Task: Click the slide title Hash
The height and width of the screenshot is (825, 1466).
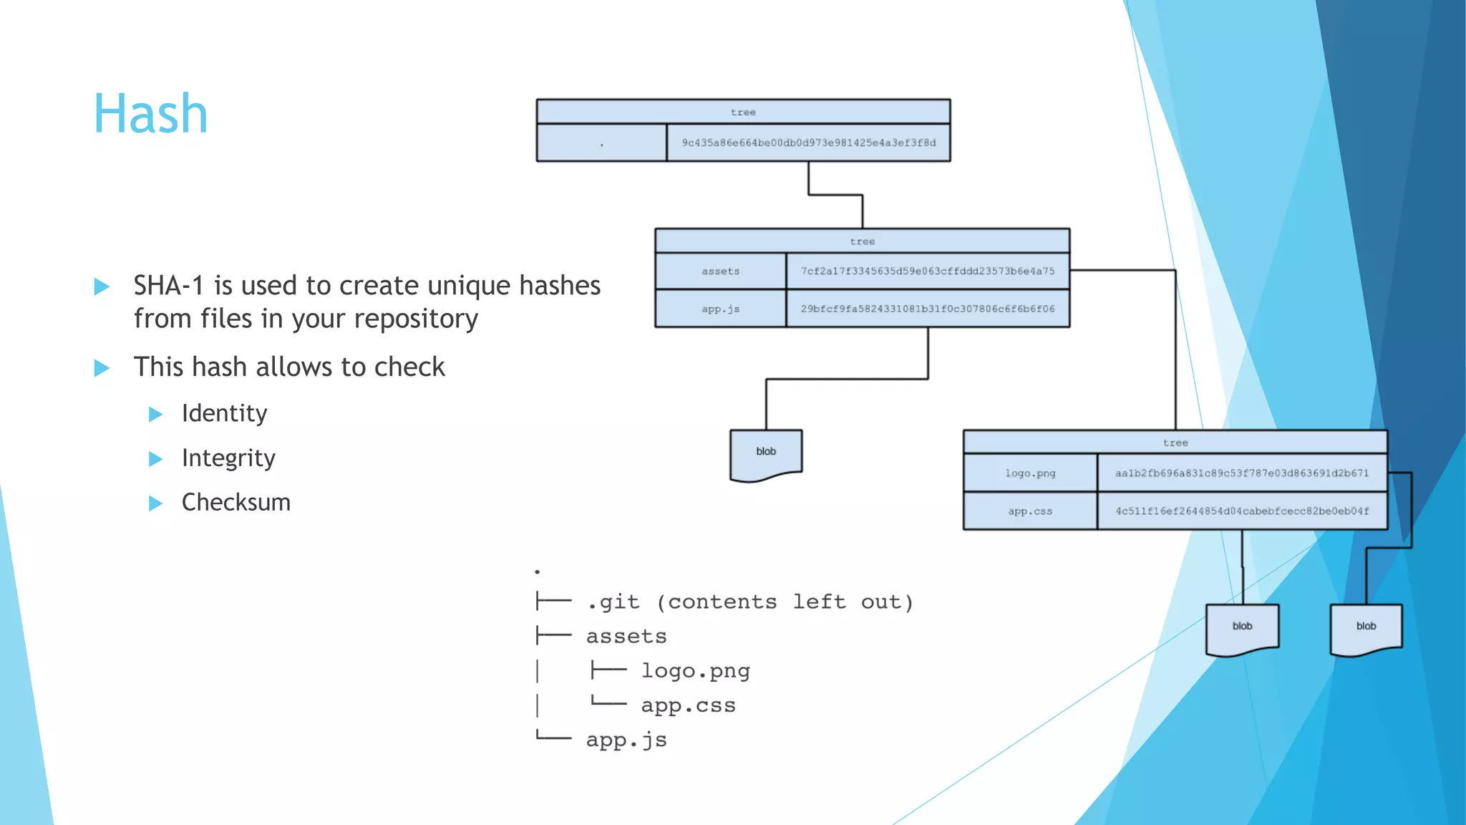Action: [x=150, y=114]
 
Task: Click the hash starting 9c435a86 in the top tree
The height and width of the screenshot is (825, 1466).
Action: [x=808, y=143]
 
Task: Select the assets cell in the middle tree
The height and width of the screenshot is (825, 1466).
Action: [x=720, y=271]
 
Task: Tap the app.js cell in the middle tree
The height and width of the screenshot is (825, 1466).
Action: [x=720, y=309]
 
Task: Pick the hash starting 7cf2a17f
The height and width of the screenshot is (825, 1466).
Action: [x=927, y=271]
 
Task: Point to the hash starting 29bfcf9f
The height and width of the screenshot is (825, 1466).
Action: [x=927, y=309]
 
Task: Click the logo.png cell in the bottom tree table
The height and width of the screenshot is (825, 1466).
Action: [x=1029, y=473]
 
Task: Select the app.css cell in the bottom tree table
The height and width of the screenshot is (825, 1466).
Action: [x=1029, y=511]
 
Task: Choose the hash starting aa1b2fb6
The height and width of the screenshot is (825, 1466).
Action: [x=1241, y=473]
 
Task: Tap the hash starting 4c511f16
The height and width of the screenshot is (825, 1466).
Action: [x=1241, y=511]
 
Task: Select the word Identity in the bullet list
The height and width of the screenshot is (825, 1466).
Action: [x=224, y=413]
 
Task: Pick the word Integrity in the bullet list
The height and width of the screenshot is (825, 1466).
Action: [x=228, y=458]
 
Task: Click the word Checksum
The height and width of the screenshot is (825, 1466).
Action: [x=236, y=503]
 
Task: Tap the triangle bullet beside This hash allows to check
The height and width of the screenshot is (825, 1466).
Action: [x=102, y=368]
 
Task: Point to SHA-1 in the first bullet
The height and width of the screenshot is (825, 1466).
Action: [x=168, y=286]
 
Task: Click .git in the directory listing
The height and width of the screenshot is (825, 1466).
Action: [x=613, y=602]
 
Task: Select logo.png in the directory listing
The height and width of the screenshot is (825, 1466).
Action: [x=695, y=671]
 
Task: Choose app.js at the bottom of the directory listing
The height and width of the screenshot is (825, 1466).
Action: [x=626, y=740]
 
